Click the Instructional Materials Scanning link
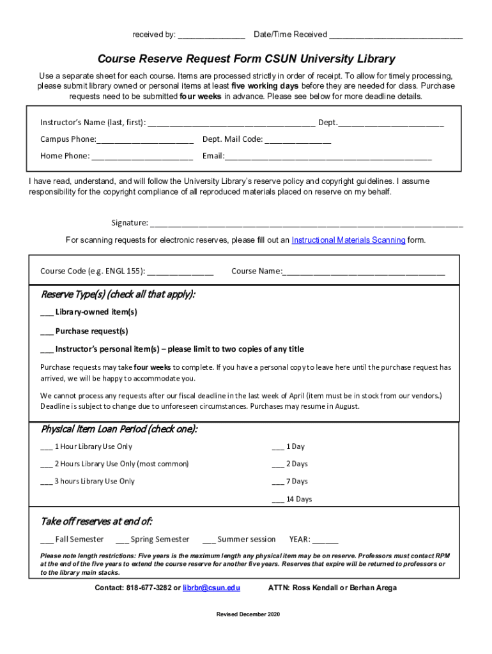click(x=348, y=240)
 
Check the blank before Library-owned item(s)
click(x=47, y=313)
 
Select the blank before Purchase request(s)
click(x=47, y=331)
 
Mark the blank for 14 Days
click(x=277, y=500)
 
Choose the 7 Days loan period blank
click(x=277, y=482)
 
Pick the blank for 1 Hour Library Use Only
click(x=47, y=447)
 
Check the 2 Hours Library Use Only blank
click(x=47, y=464)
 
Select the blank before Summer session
click(x=209, y=540)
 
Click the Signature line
click(x=307, y=224)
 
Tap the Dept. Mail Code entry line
click(x=298, y=140)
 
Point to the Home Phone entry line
click(x=142, y=156)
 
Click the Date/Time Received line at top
click(x=396, y=35)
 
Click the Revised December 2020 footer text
click(x=248, y=614)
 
